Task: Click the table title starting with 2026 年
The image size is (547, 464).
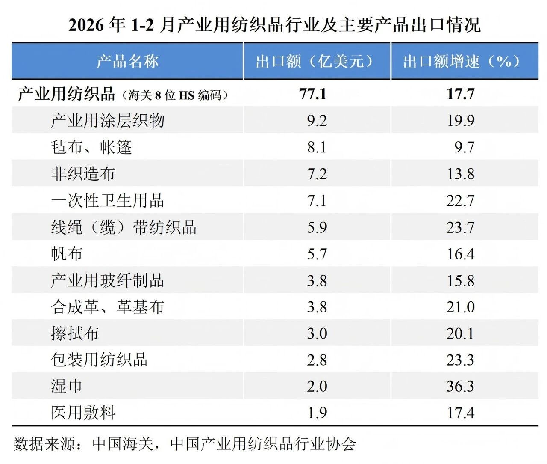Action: pyautogui.click(x=274, y=25)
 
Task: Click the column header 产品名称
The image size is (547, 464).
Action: pyautogui.click(x=127, y=61)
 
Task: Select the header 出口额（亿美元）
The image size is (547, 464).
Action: pyautogui.click(x=317, y=61)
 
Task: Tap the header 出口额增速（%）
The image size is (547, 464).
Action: pyautogui.click(x=464, y=61)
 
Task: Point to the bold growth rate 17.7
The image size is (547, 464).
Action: pyautogui.click(x=460, y=93)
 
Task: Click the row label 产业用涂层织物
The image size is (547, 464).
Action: pyautogui.click(x=107, y=120)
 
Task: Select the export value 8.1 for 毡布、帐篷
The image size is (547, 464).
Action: pyautogui.click(x=317, y=147)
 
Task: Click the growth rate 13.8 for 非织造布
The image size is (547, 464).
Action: pyautogui.click(x=460, y=174)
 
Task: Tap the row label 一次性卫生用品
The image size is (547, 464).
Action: pyautogui.click(x=107, y=201)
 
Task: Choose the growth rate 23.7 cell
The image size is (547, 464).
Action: pyautogui.click(x=460, y=227)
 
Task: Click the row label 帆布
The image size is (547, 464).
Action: pyautogui.click(x=67, y=254)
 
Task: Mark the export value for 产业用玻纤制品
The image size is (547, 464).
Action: pyautogui.click(x=317, y=281)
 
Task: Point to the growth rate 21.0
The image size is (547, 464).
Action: pyautogui.click(x=460, y=307)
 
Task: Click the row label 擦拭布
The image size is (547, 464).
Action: pyautogui.click(x=75, y=333)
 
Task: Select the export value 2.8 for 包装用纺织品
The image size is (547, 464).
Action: pyautogui.click(x=317, y=360)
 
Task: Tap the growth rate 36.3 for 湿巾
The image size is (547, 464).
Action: pyautogui.click(x=460, y=386)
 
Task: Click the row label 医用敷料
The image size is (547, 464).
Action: pyautogui.click(x=83, y=413)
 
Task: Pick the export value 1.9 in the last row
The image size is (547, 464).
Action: pyautogui.click(x=317, y=413)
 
